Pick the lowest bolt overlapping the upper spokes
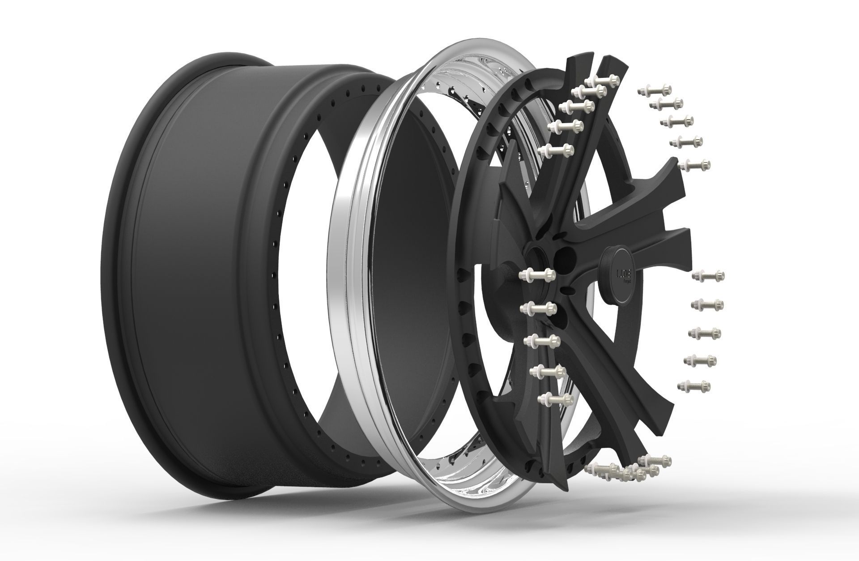557,151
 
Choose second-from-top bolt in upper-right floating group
667,104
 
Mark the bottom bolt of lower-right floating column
694,385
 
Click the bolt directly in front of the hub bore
538,273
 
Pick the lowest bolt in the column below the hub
556,398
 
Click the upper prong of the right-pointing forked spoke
662,179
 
